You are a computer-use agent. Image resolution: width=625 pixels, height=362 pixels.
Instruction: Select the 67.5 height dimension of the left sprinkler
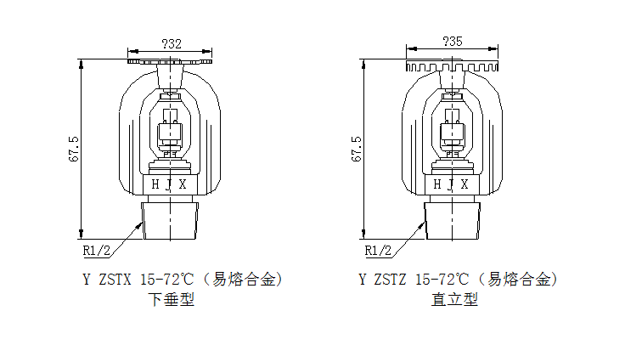[75, 148]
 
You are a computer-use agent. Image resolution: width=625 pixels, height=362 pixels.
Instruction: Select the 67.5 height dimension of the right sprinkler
[356, 148]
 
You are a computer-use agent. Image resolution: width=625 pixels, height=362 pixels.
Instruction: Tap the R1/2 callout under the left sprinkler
[97, 250]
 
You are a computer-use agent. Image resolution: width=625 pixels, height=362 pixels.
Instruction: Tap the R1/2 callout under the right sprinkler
[378, 250]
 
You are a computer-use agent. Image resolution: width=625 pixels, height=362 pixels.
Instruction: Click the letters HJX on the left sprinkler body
[167, 184]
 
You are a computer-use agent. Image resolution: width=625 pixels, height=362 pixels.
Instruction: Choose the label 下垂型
[172, 299]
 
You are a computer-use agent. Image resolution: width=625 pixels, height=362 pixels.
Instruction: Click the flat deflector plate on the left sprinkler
[169, 61]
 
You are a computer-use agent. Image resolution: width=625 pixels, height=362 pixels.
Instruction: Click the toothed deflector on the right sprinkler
[453, 65]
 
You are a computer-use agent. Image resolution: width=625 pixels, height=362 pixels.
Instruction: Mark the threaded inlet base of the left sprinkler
[171, 218]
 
